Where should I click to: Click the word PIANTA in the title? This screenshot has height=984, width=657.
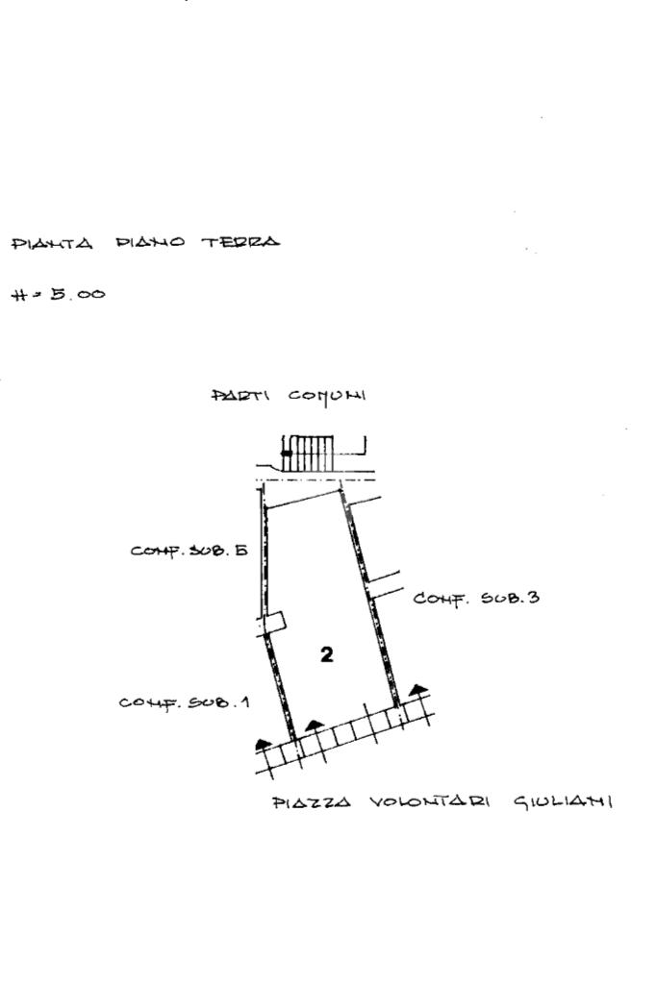[52, 244]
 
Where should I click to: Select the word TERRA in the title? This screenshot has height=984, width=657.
[240, 243]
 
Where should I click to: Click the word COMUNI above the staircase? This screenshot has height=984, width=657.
[327, 396]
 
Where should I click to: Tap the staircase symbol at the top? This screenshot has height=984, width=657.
[308, 453]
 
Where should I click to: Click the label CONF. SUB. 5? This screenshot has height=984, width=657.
[190, 551]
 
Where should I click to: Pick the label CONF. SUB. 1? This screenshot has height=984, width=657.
[184, 702]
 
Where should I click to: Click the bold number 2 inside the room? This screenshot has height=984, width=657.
[327, 654]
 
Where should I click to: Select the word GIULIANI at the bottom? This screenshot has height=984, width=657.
[563, 801]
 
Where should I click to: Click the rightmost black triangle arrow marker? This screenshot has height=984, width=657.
[417, 688]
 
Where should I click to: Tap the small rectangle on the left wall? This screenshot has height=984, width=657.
[276, 622]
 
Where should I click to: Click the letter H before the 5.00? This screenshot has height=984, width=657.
[20, 295]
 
